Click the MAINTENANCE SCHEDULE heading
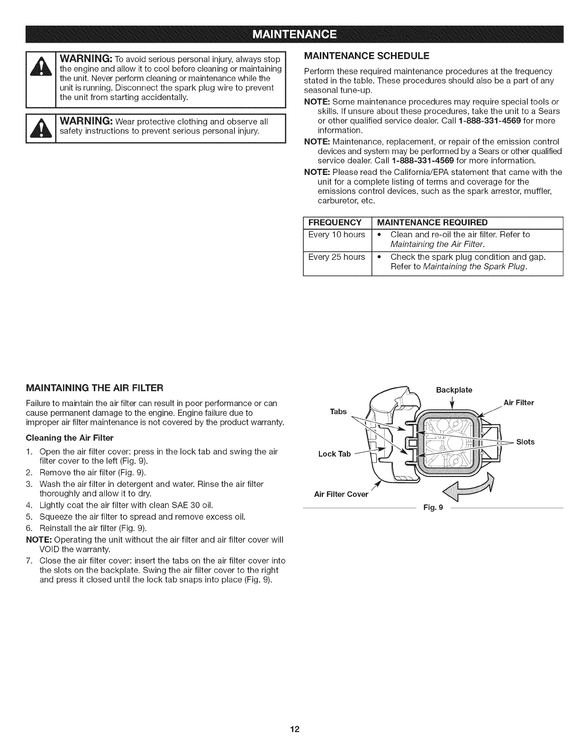pos(366,55)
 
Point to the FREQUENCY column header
pos(335,223)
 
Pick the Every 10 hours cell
pos(336,235)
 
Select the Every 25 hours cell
pos(336,257)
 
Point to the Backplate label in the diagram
pos(453,390)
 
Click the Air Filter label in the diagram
pos(518,403)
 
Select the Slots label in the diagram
pos(525,442)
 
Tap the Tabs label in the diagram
pos(338,411)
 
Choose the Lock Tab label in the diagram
pos(334,454)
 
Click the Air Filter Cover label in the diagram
pos(341,495)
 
